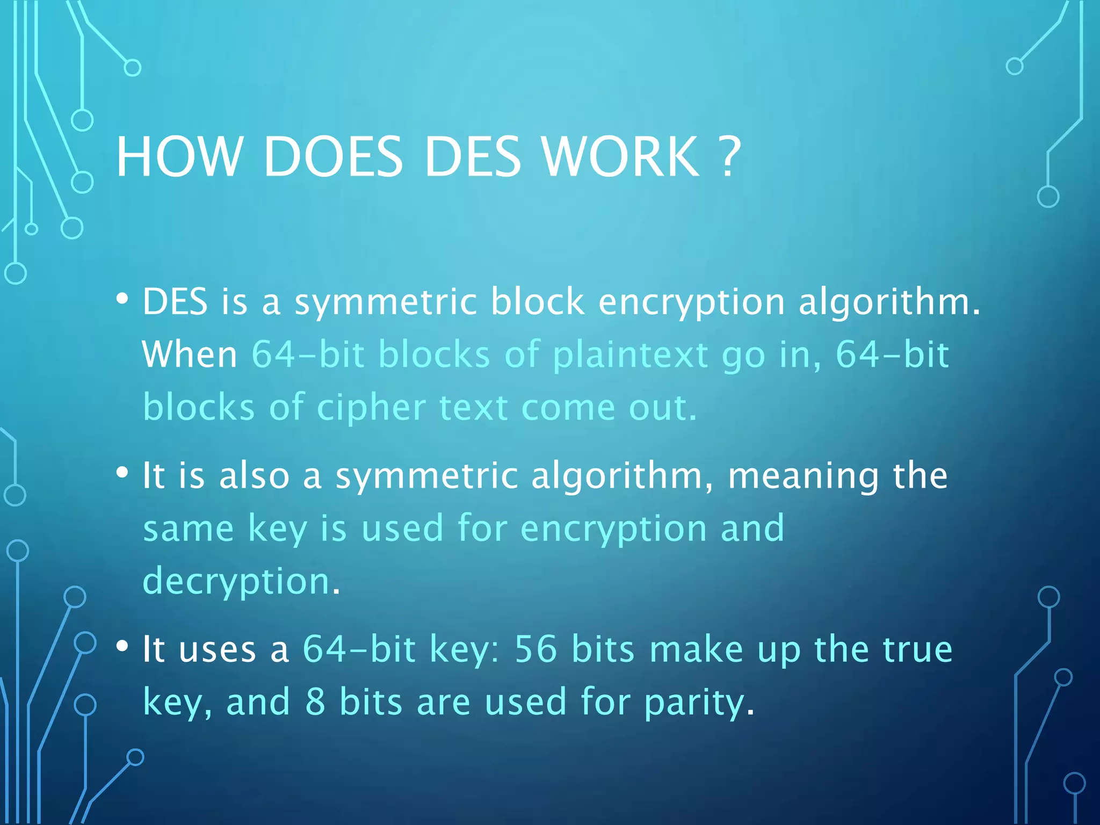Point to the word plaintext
[x=631, y=356]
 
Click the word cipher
[x=372, y=408]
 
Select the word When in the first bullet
[x=190, y=354]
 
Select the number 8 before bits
[x=315, y=702]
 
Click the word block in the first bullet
[x=537, y=301]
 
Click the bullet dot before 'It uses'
[x=122, y=646]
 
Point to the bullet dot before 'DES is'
[x=122, y=299]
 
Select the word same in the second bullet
[x=188, y=529]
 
